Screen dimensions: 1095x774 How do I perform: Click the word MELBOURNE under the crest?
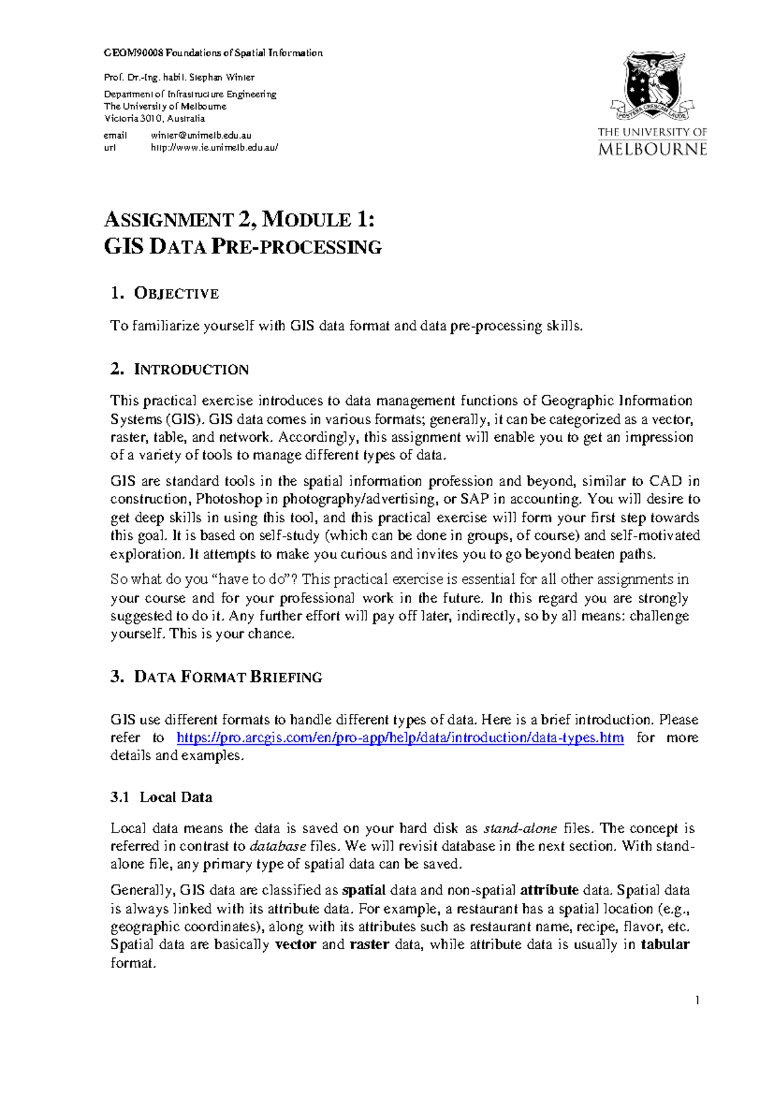pyautogui.click(x=652, y=150)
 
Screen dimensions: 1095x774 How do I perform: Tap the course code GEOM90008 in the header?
pyautogui.click(x=134, y=53)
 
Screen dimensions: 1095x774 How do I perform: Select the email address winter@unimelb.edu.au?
pyautogui.click(x=201, y=135)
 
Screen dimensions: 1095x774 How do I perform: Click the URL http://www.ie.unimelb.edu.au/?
pyautogui.click(x=214, y=147)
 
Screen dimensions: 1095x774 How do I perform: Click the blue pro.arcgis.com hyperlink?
pyautogui.click(x=400, y=738)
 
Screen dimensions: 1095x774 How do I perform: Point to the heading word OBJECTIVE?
pyautogui.click(x=176, y=294)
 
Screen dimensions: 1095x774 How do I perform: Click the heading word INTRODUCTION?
pyautogui.click(x=191, y=370)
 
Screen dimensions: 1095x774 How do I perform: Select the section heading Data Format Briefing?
pyautogui.click(x=228, y=677)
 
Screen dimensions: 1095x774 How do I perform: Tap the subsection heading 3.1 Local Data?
pyautogui.click(x=161, y=798)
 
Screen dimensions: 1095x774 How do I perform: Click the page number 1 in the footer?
pyautogui.click(x=697, y=1001)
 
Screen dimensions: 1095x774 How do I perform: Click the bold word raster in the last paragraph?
pyautogui.click(x=369, y=945)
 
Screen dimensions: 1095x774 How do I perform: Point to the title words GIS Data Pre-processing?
pyautogui.click(x=243, y=247)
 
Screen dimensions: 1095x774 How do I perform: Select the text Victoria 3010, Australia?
pyautogui.click(x=154, y=119)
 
